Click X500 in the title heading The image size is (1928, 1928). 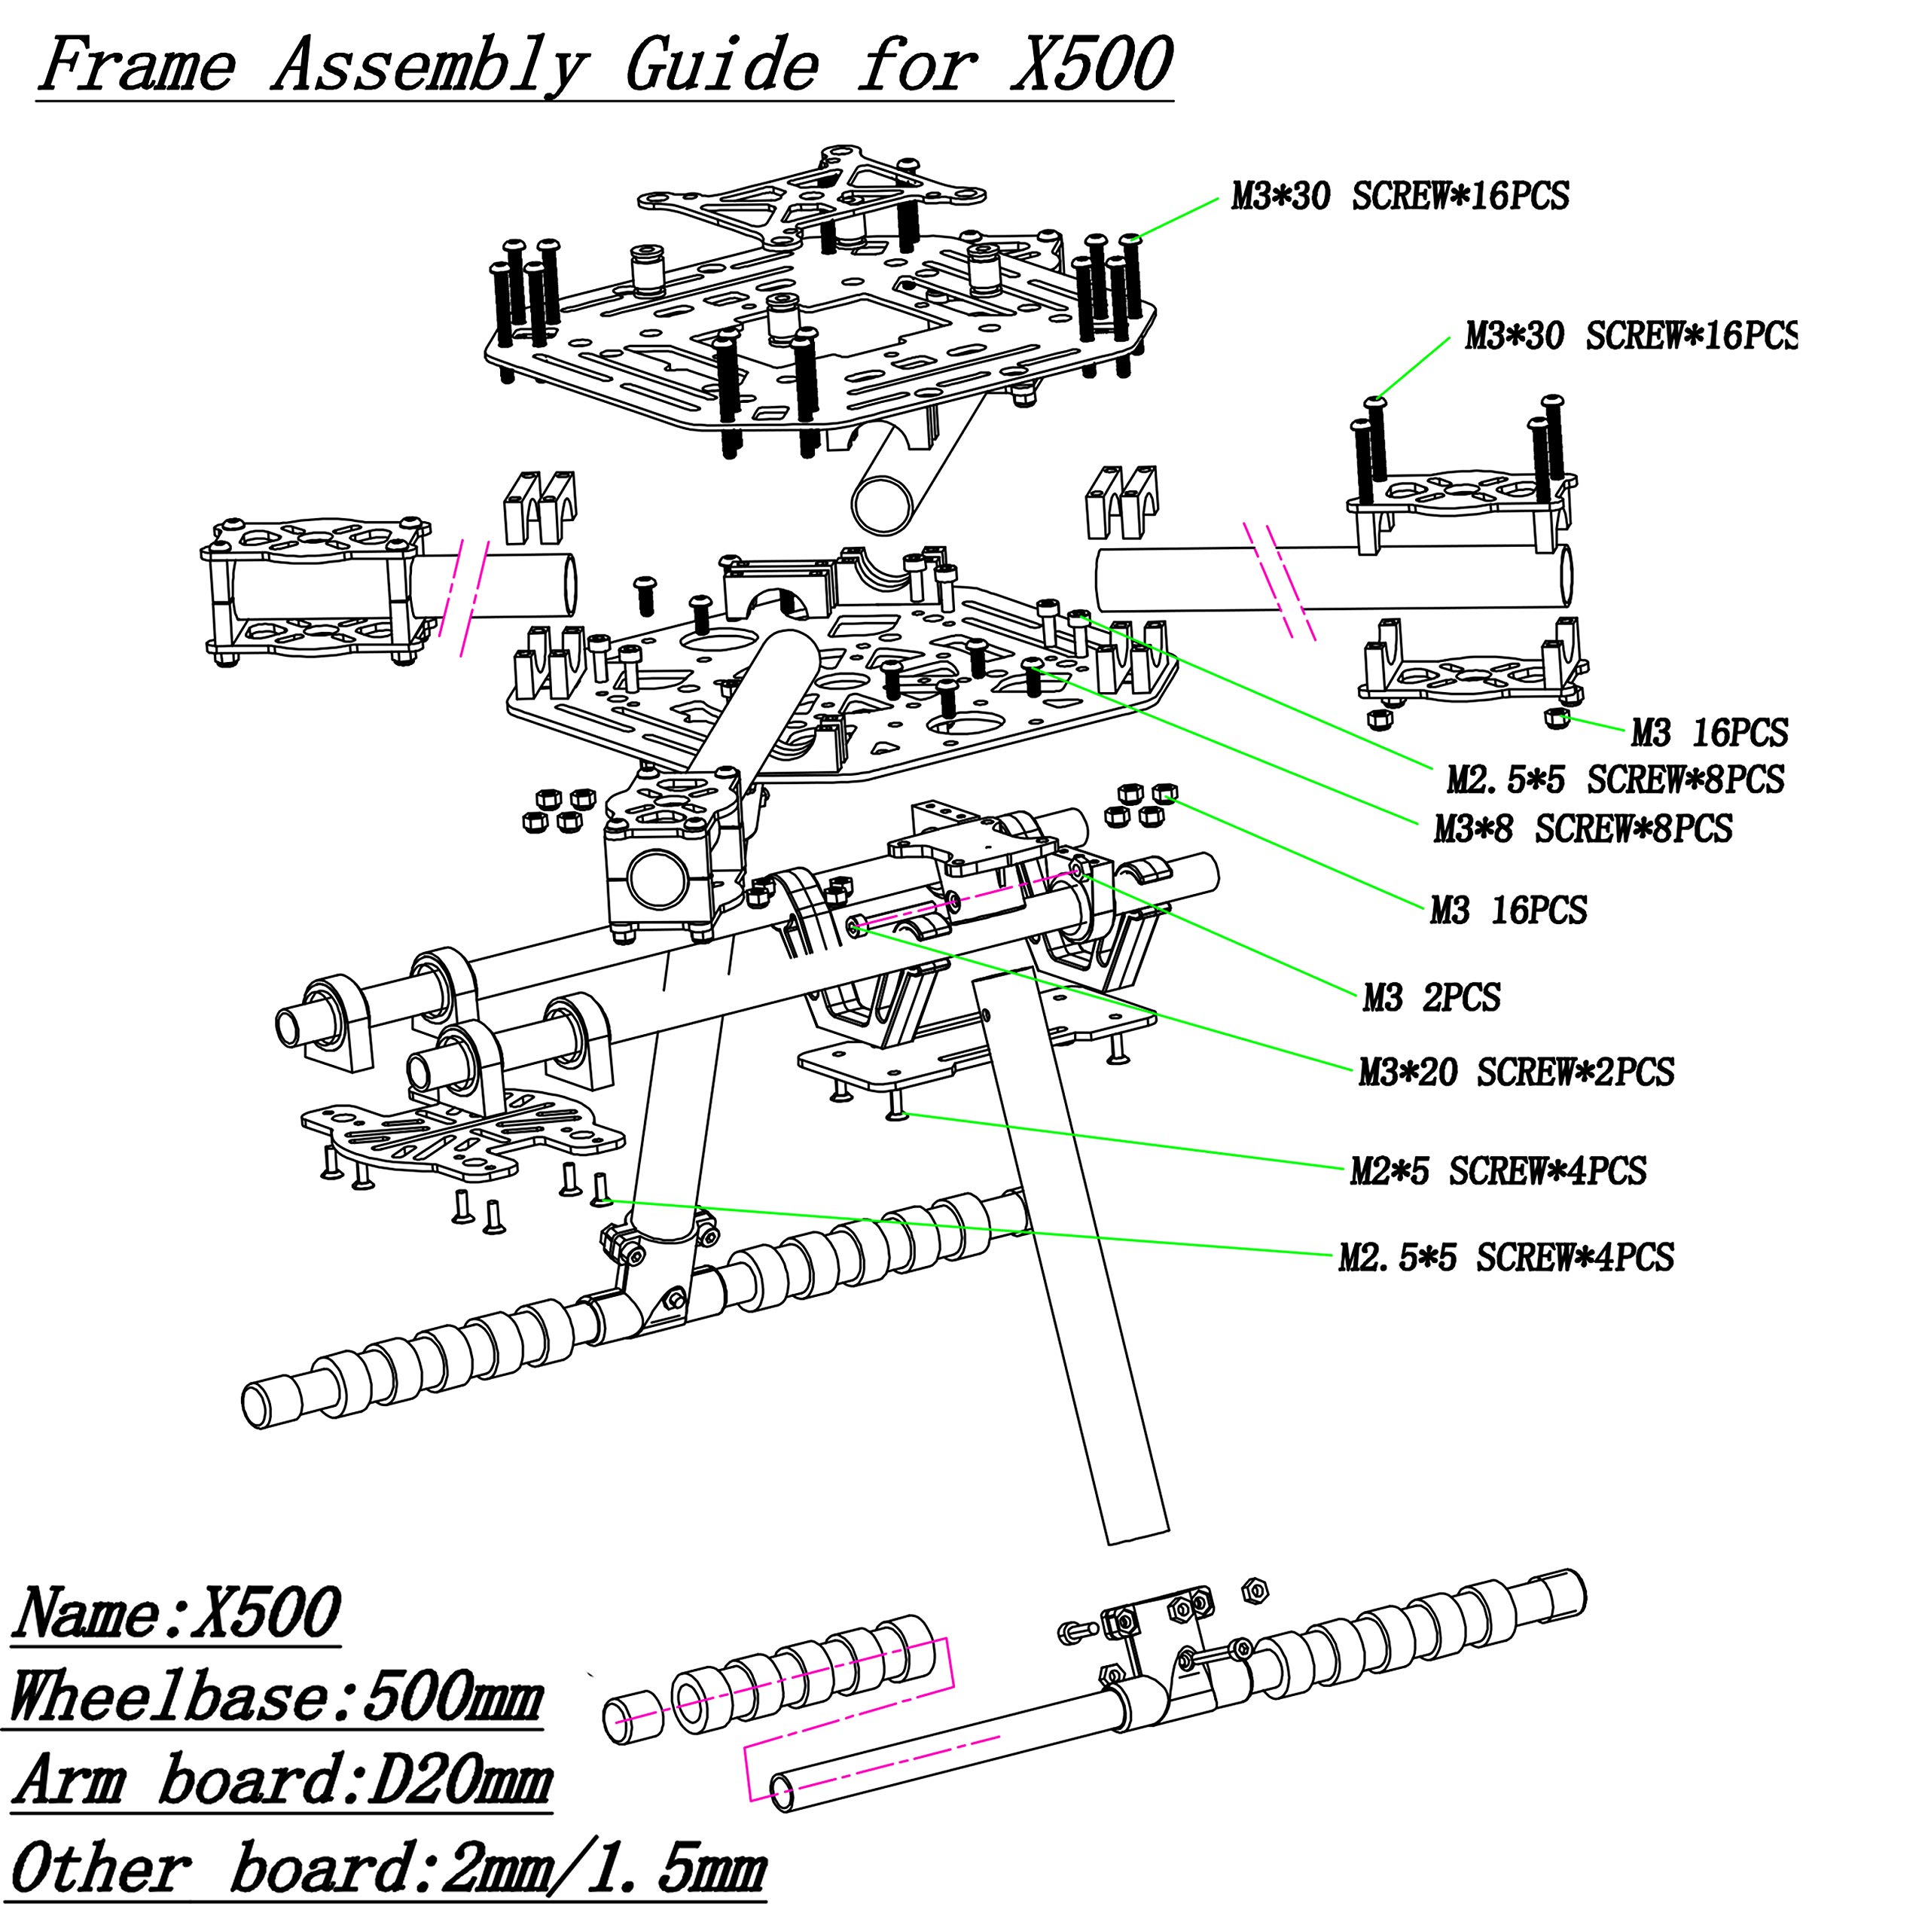(1090, 64)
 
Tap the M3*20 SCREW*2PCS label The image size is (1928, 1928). (1516, 1072)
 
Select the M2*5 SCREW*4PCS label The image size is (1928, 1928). (1498, 1170)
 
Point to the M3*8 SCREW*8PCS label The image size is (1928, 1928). (1583, 828)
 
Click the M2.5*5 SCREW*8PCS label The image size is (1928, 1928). (1615, 779)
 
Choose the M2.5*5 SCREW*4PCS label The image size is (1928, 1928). (1506, 1258)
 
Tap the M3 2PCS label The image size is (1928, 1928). (1431, 997)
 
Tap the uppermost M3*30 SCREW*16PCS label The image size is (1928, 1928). (1400, 196)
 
